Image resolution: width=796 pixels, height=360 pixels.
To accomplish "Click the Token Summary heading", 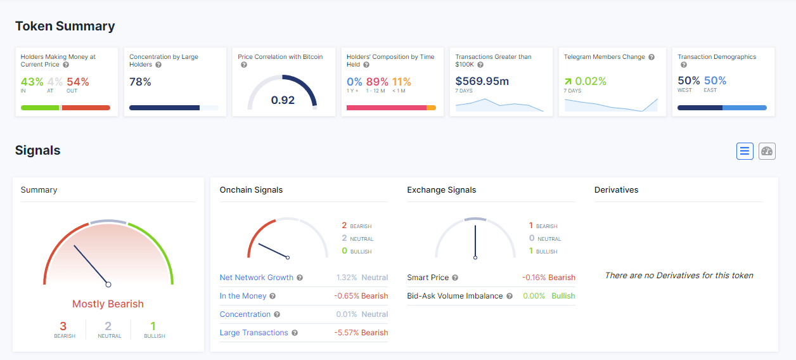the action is pyautogui.click(x=65, y=26).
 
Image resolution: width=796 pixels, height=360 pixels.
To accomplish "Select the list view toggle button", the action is pyautogui.click(x=745, y=151).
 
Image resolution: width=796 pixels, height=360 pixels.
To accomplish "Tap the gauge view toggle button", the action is pyautogui.click(x=767, y=151).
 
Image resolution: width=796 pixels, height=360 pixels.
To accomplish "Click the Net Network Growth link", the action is pyautogui.click(x=256, y=277).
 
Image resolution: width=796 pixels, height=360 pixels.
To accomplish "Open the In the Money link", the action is pyautogui.click(x=243, y=296).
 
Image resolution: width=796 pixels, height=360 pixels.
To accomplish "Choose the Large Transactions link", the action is pyautogui.click(x=254, y=333).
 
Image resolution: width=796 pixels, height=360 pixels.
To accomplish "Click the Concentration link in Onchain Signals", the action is pyautogui.click(x=245, y=314).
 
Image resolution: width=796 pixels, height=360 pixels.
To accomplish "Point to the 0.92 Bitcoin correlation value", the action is pyautogui.click(x=283, y=100).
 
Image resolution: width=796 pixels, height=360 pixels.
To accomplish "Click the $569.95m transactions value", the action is pyautogui.click(x=482, y=81).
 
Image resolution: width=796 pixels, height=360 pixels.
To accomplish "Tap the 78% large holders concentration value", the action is pyautogui.click(x=140, y=82).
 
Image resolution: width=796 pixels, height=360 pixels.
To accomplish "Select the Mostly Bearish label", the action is pyautogui.click(x=108, y=304).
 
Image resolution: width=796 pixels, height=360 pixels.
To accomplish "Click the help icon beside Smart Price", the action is pyautogui.click(x=455, y=278).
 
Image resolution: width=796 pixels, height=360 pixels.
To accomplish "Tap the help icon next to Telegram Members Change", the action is pyautogui.click(x=652, y=57).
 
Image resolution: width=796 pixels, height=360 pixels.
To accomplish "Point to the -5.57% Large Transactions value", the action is pyautogui.click(x=347, y=333).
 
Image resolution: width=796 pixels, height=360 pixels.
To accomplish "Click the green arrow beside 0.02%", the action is pyautogui.click(x=568, y=82).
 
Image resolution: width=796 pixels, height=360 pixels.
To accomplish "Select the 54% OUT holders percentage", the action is pyautogui.click(x=78, y=82).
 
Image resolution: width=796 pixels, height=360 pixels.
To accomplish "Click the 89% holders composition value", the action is pyautogui.click(x=377, y=82).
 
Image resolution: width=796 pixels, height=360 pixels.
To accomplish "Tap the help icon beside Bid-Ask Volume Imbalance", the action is pyautogui.click(x=510, y=296).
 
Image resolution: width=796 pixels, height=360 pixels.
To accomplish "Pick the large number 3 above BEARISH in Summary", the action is pyautogui.click(x=63, y=326).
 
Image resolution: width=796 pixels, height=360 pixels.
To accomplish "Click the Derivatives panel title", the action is pyautogui.click(x=616, y=190).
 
